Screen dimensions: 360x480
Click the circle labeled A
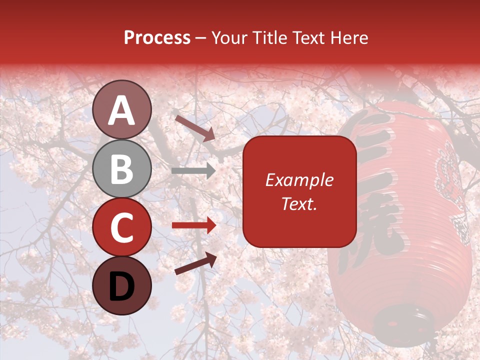pyautogui.click(x=122, y=109)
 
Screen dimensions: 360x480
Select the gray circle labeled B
pyautogui.click(x=122, y=168)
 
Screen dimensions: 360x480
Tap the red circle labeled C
pyautogui.click(x=122, y=227)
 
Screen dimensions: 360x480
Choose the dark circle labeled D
pyautogui.click(x=122, y=286)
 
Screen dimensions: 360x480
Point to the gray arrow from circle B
pyautogui.click(x=193, y=171)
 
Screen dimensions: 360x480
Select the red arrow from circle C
pyautogui.click(x=193, y=225)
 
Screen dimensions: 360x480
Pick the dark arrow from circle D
pyautogui.click(x=195, y=263)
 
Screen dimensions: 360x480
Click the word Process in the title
pyautogui.click(x=157, y=38)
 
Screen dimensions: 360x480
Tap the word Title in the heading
pyautogui.click(x=270, y=38)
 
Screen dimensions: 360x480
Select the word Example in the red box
pyautogui.click(x=299, y=180)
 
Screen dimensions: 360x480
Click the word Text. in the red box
pyautogui.click(x=299, y=203)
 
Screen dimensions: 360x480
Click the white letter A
pyautogui.click(x=122, y=110)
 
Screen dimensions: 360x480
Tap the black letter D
pyautogui.click(x=122, y=286)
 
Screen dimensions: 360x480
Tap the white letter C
pyautogui.click(x=122, y=228)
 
